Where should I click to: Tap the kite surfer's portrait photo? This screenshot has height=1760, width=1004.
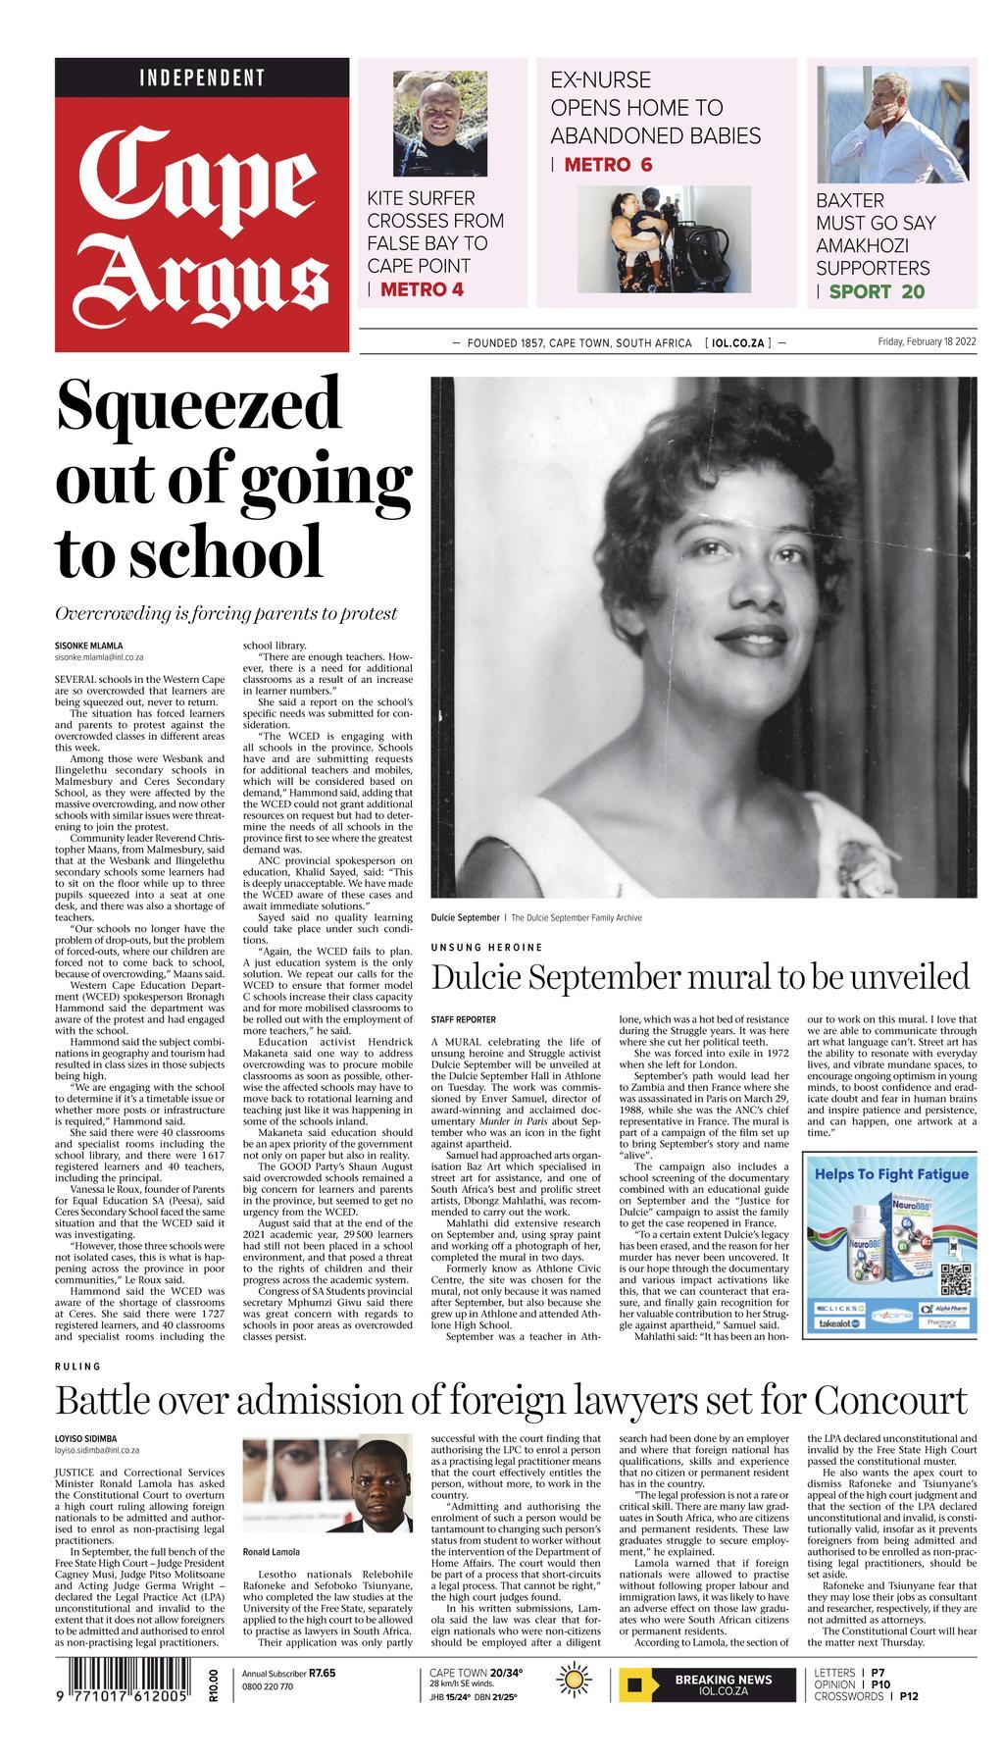[x=427, y=123]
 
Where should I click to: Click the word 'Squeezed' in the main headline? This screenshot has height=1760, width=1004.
[x=199, y=404]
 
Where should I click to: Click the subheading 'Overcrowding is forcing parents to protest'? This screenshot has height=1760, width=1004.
[x=226, y=613]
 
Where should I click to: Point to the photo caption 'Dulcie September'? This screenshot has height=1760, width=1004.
[x=465, y=917]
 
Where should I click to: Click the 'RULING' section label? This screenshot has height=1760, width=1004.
[x=77, y=1366]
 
